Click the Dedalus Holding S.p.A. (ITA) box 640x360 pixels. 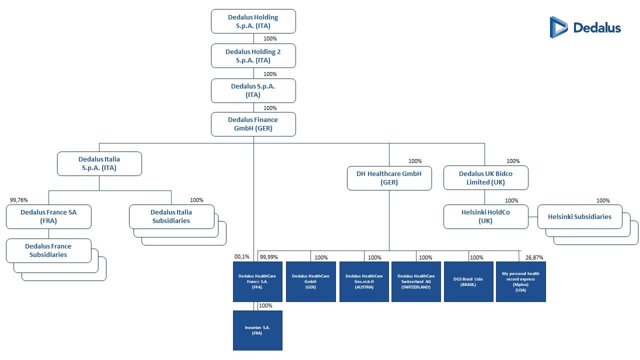point(253,21)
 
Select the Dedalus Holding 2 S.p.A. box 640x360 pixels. point(253,56)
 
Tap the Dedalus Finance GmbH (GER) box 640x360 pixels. point(253,124)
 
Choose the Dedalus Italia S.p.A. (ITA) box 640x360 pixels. point(99,164)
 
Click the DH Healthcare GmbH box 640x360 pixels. point(389,178)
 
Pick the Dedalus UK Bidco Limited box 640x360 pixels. point(485,178)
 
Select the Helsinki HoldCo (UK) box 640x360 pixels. point(485,216)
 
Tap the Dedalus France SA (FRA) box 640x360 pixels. point(48,216)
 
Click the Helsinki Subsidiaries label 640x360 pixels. point(579,217)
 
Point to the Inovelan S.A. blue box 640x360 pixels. point(257,330)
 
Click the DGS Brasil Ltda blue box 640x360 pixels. point(468,282)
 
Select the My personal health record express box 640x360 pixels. point(520,282)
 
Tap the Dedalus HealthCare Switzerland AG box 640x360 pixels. point(416,282)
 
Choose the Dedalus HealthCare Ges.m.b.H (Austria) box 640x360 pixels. point(364,282)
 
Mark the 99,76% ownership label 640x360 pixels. point(19,200)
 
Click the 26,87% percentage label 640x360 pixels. point(534,257)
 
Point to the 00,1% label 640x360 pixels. point(242,257)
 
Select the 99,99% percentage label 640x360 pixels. point(268,257)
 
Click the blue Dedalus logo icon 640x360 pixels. point(558,27)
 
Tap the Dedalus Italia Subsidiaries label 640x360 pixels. point(171,216)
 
